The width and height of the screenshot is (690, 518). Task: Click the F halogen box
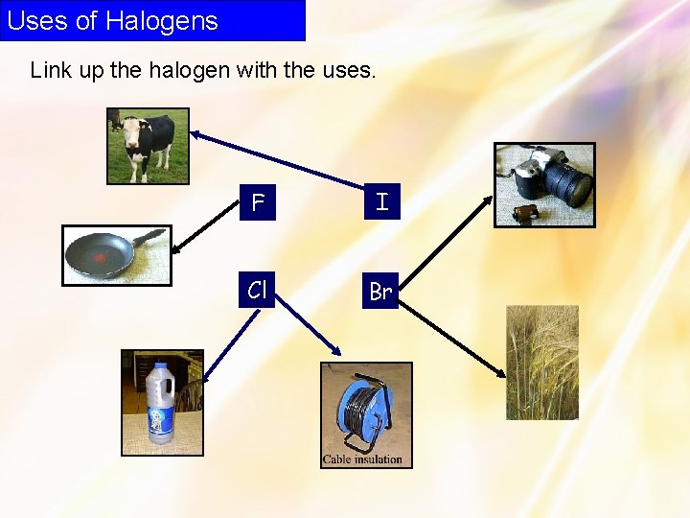pyautogui.click(x=257, y=203)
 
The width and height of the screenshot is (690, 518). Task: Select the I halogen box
pyautogui.click(x=381, y=202)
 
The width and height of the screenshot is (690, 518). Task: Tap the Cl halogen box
pyautogui.click(x=257, y=290)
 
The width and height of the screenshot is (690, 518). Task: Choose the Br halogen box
pyautogui.click(x=380, y=292)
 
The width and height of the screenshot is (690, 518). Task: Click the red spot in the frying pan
pyautogui.click(x=99, y=258)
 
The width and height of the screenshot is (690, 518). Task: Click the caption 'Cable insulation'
pyautogui.click(x=362, y=459)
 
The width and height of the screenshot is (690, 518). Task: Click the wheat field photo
pyautogui.click(x=542, y=363)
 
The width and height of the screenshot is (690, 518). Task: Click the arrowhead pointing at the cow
pyautogui.click(x=195, y=135)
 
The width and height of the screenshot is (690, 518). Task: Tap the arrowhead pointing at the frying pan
pyautogui.click(x=176, y=249)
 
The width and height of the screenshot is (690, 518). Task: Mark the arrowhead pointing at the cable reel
pyautogui.click(x=336, y=354)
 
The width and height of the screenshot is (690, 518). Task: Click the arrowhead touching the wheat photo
pyautogui.click(x=503, y=373)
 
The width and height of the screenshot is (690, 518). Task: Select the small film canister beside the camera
pyautogui.click(x=523, y=211)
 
